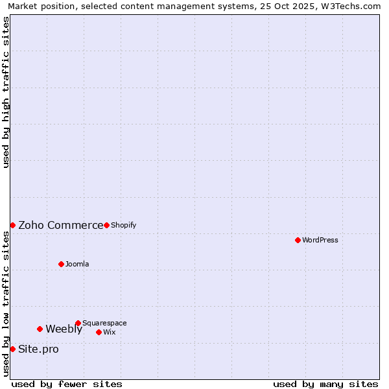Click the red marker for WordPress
(x=298, y=240)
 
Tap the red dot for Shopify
(x=106, y=225)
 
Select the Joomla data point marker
(x=61, y=264)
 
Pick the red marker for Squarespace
(x=78, y=323)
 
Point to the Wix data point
(x=99, y=332)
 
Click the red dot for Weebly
(x=40, y=329)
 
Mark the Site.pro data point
(x=12, y=349)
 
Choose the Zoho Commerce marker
(x=12, y=225)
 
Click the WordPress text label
(x=320, y=240)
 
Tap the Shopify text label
(x=123, y=225)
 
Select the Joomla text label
(x=77, y=264)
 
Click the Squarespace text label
(x=104, y=323)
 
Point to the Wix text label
(x=109, y=332)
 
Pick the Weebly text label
(x=64, y=329)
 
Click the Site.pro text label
(x=38, y=349)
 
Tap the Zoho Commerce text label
(x=60, y=225)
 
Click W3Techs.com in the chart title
(x=353, y=6)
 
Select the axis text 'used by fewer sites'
(x=67, y=384)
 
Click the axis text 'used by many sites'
(x=325, y=384)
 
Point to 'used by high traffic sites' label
(x=6, y=92)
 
